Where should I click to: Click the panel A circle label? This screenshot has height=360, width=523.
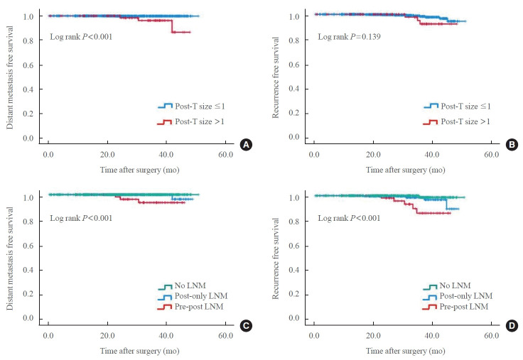pos(246,145)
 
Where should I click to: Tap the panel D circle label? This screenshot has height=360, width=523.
pos(512,326)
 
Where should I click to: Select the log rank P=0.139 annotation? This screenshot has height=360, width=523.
pos(349,37)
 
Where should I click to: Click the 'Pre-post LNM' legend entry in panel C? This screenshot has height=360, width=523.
pos(190,307)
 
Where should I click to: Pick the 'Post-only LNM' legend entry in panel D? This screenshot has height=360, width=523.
pos(458,296)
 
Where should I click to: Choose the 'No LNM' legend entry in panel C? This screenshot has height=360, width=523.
pos(182,285)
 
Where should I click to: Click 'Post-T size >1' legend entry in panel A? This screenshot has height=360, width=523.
pos(190,121)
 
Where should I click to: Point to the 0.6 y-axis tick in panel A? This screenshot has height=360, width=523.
pos(28,65)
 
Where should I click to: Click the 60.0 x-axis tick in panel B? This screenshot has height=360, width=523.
pos(491,155)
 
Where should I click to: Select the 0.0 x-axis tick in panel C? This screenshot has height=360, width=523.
pos(48,335)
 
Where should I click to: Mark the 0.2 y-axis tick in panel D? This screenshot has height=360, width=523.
pos(294,294)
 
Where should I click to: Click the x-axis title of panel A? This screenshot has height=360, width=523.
pos(140,170)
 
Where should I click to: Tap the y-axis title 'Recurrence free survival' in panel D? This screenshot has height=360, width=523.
pos(275,258)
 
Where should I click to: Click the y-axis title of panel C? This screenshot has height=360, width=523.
pos(10,258)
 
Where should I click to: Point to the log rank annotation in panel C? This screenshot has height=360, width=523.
pos(81,218)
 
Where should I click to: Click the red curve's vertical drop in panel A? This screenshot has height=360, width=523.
pos(172,26)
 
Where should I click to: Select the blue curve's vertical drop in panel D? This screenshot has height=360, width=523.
pos(446,204)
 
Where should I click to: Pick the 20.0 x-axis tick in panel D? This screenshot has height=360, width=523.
pos(373,335)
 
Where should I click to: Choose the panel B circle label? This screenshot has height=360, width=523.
pos(512,145)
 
